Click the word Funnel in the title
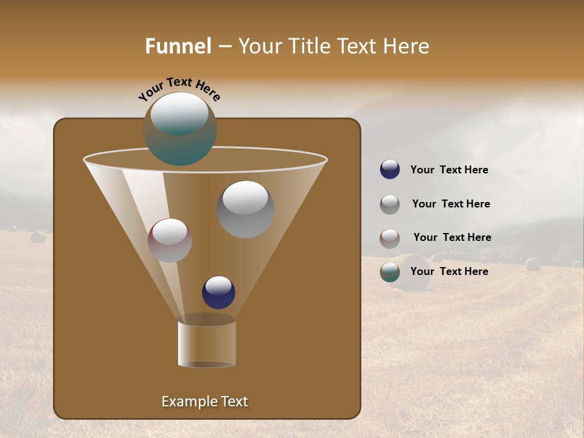pos(178,46)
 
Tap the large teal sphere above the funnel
pos(180,129)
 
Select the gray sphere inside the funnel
pos(245,209)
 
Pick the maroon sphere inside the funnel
pos(170,240)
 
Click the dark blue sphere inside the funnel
pos(218,292)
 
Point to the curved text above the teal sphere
pos(179,88)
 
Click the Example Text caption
pos(204,401)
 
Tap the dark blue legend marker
pos(390,170)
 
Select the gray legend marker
pos(390,204)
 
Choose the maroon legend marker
pos(390,238)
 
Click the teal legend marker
pos(390,272)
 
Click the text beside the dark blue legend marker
pos(449,170)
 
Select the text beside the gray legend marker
pos(451,204)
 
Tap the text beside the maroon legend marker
pos(452,238)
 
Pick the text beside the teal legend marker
pos(449,272)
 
